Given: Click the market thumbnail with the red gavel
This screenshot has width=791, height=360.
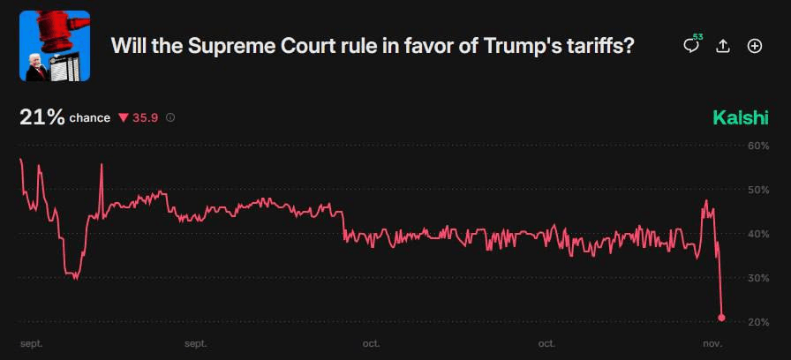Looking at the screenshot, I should pyautogui.click(x=55, y=46).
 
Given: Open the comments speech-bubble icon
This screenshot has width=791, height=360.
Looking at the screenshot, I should pyautogui.click(x=691, y=46).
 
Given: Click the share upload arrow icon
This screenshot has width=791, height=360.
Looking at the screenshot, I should pyautogui.click(x=723, y=46).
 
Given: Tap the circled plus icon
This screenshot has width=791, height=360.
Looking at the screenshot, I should pyautogui.click(x=755, y=46).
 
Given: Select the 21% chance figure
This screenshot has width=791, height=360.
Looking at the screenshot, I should pyautogui.click(x=41, y=117).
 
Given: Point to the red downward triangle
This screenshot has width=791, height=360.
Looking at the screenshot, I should pyautogui.click(x=124, y=118).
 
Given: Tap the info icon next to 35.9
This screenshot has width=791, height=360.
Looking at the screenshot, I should pyautogui.click(x=170, y=118).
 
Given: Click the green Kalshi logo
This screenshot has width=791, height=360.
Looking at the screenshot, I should pyautogui.click(x=741, y=118).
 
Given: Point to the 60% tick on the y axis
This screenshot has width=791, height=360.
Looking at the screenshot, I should pyautogui.click(x=758, y=146).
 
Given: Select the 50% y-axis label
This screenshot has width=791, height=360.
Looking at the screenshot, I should pyautogui.click(x=758, y=190).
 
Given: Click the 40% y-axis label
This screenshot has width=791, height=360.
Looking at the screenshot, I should pyautogui.click(x=758, y=234).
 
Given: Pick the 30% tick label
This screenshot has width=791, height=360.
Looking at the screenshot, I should pyautogui.click(x=758, y=278).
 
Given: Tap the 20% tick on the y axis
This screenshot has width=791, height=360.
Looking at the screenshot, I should pyautogui.click(x=758, y=322).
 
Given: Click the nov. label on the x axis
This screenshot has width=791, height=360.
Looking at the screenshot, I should pyautogui.click(x=712, y=343).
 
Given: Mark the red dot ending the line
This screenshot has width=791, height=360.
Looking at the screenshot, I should pyautogui.click(x=722, y=318).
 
